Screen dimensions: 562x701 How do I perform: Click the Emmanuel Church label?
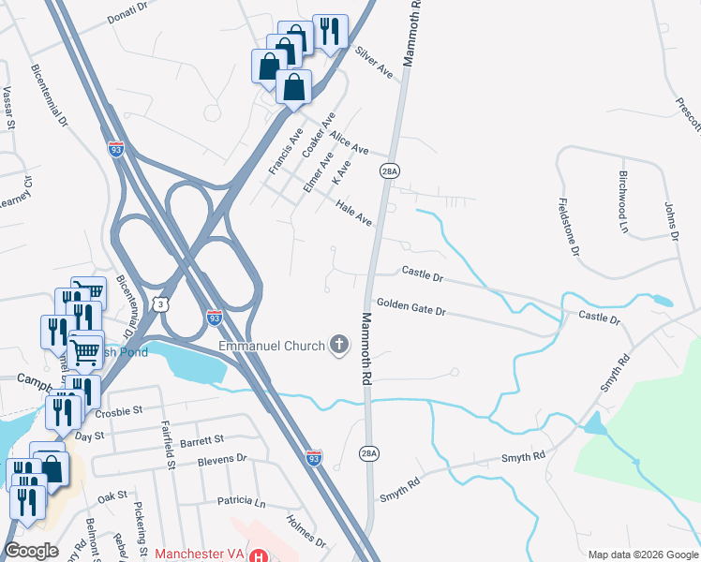(x=271, y=347)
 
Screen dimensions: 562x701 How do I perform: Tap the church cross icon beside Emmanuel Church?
(x=338, y=347)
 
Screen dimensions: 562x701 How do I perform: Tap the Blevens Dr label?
(x=221, y=460)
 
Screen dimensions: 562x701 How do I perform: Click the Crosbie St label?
(x=118, y=411)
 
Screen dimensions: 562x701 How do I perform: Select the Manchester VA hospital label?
(x=200, y=554)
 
